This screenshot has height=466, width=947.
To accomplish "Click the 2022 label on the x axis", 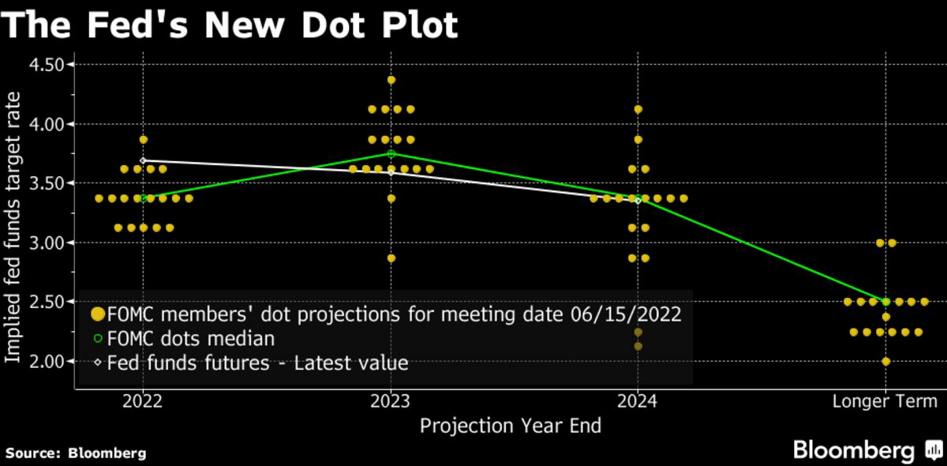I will click(143, 401).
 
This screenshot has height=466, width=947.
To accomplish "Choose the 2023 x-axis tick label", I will click(391, 401).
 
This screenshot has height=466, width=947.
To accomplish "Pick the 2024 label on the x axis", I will click(638, 401).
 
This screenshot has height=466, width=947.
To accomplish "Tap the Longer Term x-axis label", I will click(885, 401).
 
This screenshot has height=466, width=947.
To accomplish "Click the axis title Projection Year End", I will click(510, 427).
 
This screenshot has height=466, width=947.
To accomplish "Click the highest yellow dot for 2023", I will click(391, 80).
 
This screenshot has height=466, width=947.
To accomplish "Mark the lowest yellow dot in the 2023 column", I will click(391, 258).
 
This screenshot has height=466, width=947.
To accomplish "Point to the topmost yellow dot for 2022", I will click(143, 139).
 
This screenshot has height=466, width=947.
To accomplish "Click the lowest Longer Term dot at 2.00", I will click(885, 361).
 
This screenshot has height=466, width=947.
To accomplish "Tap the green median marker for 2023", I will click(391, 153).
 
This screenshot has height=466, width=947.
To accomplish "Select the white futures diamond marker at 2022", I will click(143, 160).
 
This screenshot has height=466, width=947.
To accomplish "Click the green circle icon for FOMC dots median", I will click(98, 339).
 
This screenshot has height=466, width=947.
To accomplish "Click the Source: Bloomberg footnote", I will click(76, 453).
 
